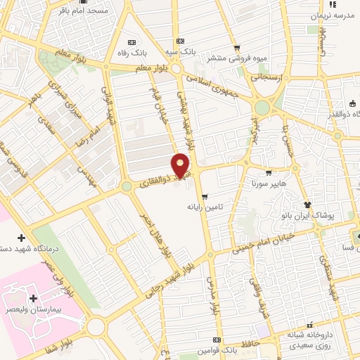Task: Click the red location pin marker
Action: point(181,165)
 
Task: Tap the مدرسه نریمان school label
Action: point(331,15)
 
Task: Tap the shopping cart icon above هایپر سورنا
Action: point(268,172)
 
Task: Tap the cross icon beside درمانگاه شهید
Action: point(21,237)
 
